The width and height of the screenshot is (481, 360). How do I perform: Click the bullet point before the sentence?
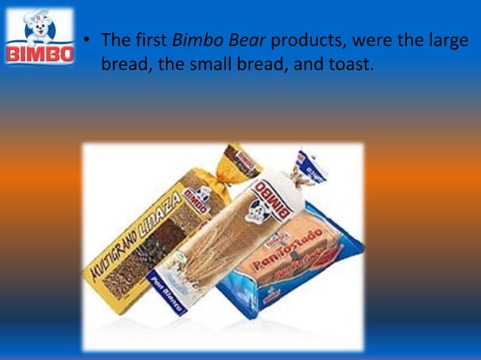[88, 39]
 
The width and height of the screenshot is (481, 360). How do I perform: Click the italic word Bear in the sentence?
[247, 39]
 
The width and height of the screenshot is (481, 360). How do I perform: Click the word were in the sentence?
[380, 40]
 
